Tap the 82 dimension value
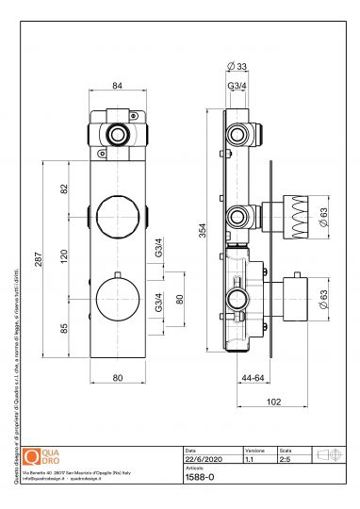click(x=64, y=188)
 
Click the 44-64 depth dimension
click(x=249, y=377)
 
